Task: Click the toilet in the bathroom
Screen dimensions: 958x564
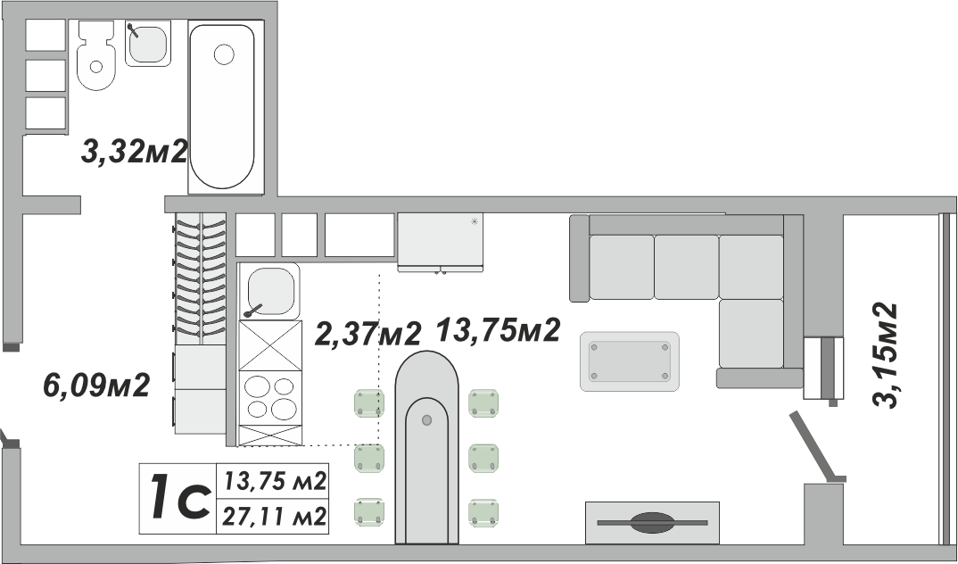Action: pyautogui.click(x=96, y=55)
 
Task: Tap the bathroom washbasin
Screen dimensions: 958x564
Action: pyautogui.click(x=148, y=43)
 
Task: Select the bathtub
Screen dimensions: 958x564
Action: pyautogui.click(x=221, y=107)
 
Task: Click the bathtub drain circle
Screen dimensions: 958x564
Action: pyautogui.click(x=224, y=54)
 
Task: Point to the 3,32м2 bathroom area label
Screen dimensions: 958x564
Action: pyautogui.click(x=134, y=152)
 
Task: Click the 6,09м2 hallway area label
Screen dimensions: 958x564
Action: pyautogui.click(x=96, y=385)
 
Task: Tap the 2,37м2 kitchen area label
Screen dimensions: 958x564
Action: pyautogui.click(x=368, y=334)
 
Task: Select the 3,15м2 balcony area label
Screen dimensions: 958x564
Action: pyautogui.click(x=885, y=355)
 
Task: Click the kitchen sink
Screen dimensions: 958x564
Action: pyautogui.click(x=269, y=291)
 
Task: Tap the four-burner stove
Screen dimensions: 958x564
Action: pyautogui.click(x=270, y=398)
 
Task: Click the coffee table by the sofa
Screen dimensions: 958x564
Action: pyautogui.click(x=629, y=361)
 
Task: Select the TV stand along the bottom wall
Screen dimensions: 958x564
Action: pyautogui.click(x=652, y=522)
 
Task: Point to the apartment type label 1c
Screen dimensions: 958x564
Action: pyautogui.click(x=179, y=499)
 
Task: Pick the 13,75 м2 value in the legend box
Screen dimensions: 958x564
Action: pyautogui.click(x=273, y=482)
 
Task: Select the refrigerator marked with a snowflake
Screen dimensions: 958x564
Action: pyautogui.click(x=440, y=242)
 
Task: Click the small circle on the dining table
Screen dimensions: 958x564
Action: pyautogui.click(x=427, y=419)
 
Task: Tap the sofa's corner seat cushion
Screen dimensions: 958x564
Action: pyautogui.click(x=751, y=267)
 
